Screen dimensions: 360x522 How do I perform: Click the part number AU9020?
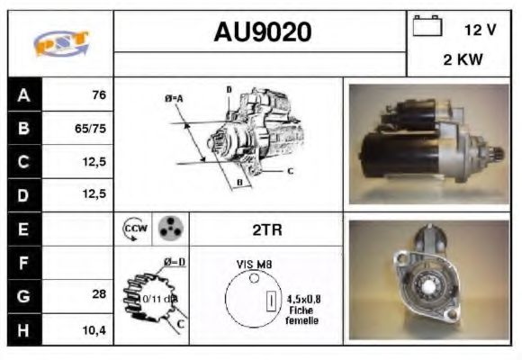(x=262, y=32)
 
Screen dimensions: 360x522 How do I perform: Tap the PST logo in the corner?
(x=60, y=42)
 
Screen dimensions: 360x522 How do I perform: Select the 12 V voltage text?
(x=480, y=29)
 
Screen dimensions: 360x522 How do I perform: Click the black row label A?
(x=23, y=94)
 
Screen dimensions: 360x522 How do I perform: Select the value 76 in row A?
(x=99, y=94)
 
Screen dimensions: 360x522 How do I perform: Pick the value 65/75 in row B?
(x=91, y=128)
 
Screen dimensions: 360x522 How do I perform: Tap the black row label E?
(x=23, y=229)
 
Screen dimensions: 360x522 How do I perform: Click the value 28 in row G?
(x=99, y=295)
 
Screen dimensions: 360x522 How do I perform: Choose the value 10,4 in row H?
(x=94, y=329)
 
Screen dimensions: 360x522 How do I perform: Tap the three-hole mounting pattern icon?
(x=169, y=229)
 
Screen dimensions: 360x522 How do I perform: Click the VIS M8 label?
(x=256, y=264)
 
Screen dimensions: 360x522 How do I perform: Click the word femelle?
(x=301, y=320)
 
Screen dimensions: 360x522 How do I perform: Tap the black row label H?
(x=23, y=329)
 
